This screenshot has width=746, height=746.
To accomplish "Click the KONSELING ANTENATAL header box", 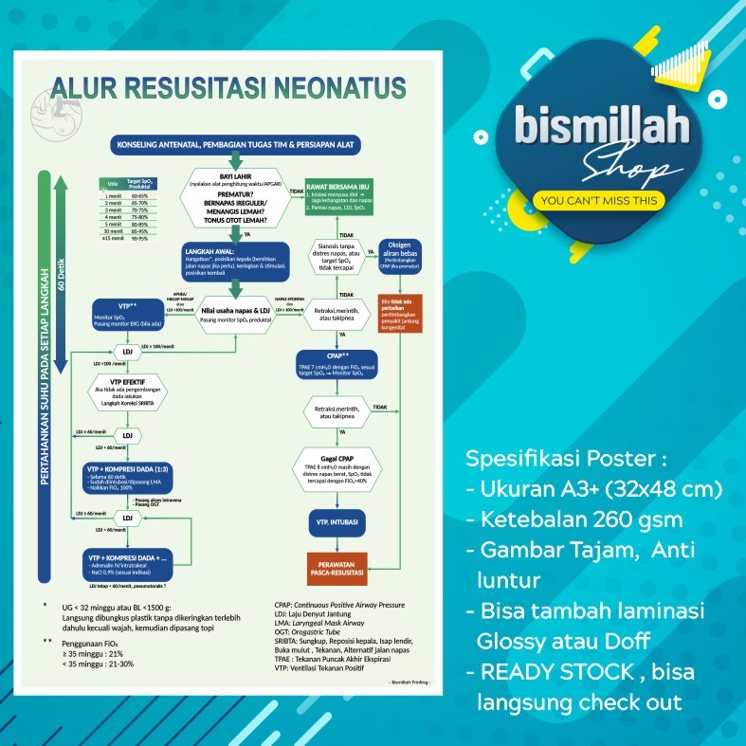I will (x=229, y=144).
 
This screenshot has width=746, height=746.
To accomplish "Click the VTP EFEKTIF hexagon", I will (x=127, y=391).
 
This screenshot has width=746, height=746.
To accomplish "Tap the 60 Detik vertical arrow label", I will (x=60, y=262).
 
